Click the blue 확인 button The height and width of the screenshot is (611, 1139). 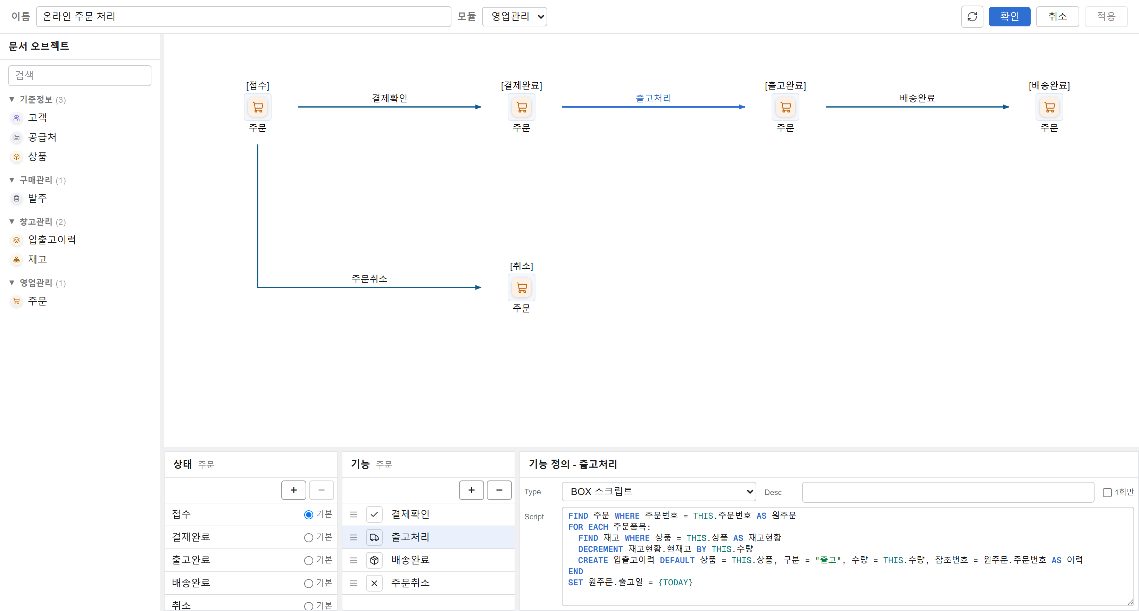tap(1009, 17)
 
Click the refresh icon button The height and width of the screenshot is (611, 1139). tap(972, 17)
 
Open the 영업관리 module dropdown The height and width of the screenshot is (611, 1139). tap(514, 17)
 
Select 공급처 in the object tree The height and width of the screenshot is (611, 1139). tap(42, 137)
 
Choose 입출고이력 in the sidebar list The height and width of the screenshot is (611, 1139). tap(52, 240)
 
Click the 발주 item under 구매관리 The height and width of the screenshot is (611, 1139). tap(37, 198)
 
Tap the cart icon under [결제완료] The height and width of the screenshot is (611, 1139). tap(521, 107)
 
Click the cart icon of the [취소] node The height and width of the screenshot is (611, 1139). tap(521, 288)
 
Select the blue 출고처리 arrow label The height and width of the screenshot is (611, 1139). tap(653, 98)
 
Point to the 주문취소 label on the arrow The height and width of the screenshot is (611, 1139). tap(369, 278)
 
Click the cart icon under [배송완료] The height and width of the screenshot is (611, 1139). tap(1049, 107)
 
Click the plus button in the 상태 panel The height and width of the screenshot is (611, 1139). tap(293, 490)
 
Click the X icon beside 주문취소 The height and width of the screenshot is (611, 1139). tap(374, 583)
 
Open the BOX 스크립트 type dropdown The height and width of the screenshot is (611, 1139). tap(659, 492)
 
